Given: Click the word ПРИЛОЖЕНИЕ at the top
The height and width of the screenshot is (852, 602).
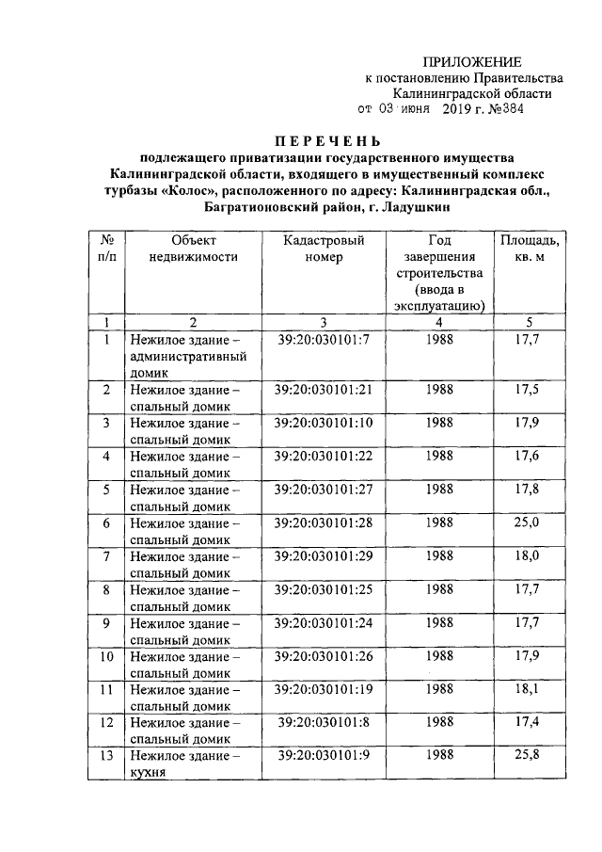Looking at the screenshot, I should click(x=468, y=60).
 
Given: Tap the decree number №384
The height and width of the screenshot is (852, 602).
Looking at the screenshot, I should click(x=504, y=110).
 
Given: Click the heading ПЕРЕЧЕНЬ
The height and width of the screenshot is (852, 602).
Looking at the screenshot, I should click(x=327, y=140).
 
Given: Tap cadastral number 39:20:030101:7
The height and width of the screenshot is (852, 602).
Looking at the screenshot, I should click(x=324, y=339).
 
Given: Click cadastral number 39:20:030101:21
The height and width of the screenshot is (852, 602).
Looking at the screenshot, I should click(x=324, y=389).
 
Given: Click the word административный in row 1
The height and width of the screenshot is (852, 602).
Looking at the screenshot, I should click(x=188, y=357).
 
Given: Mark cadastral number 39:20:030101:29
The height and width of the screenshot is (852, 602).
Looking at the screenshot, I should click(x=324, y=555).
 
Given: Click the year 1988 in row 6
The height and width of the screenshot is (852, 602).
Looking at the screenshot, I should click(x=439, y=522).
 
